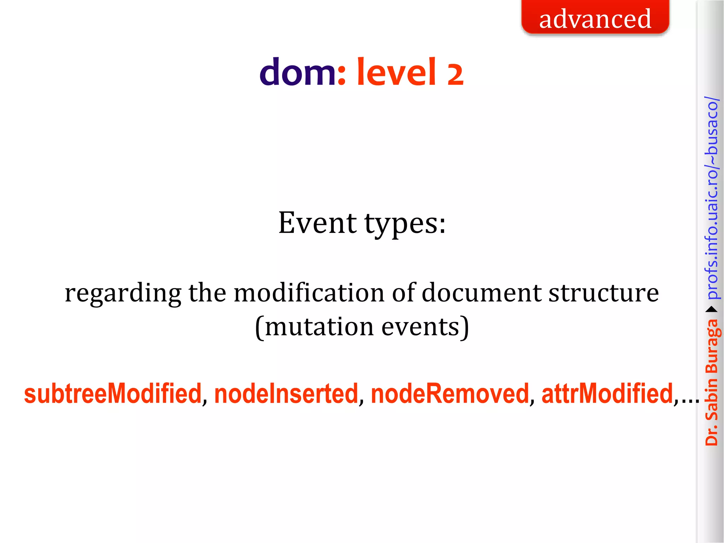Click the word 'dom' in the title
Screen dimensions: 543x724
[298, 73]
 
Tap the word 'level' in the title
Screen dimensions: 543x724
[396, 72]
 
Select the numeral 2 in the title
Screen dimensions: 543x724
[455, 75]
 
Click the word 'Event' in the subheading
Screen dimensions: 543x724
[317, 223]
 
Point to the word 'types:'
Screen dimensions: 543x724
[405, 225]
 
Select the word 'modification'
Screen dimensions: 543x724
[309, 293]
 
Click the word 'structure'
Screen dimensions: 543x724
[604, 293]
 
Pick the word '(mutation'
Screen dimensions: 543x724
[314, 327]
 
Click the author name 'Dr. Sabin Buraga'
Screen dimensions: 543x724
[712, 382]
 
